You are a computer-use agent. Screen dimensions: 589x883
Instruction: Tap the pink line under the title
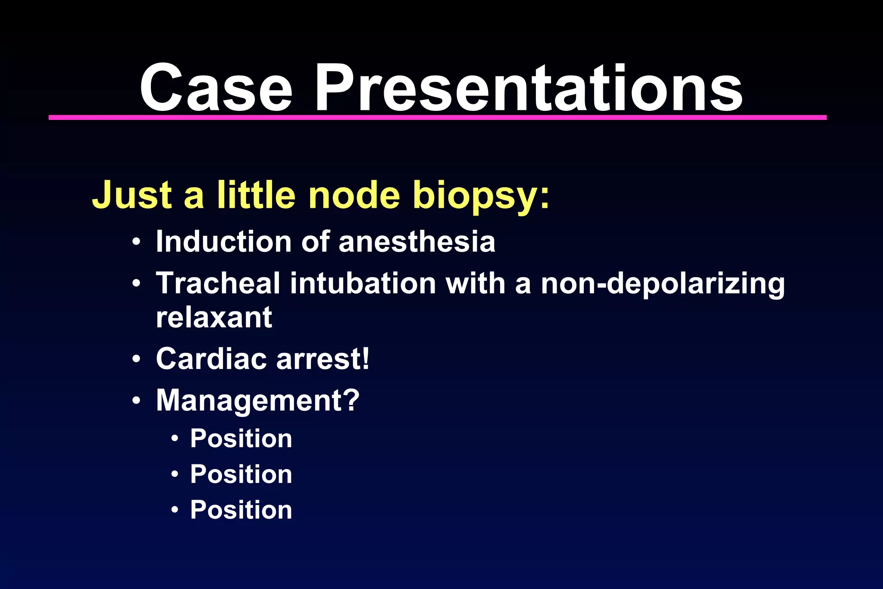click(437, 117)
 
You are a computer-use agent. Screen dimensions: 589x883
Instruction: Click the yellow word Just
click(132, 195)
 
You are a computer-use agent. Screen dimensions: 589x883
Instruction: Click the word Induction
click(224, 241)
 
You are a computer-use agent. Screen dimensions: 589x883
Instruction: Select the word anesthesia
click(416, 241)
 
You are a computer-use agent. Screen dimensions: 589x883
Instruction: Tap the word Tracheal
click(218, 283)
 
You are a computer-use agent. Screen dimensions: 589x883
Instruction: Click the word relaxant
click(214, 318)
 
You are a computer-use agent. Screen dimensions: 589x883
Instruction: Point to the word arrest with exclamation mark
click(323, 359)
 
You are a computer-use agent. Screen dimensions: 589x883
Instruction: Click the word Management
click(257, 401)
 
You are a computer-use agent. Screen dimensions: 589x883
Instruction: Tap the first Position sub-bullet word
click(241, 439)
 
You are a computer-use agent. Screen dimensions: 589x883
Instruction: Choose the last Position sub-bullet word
click(241, 510)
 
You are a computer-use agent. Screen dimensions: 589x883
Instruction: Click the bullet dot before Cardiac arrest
click(136, 359)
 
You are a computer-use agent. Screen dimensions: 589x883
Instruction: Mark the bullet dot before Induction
click(136, 242)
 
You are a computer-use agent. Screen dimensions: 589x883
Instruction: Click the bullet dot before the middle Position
click(175, 474)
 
